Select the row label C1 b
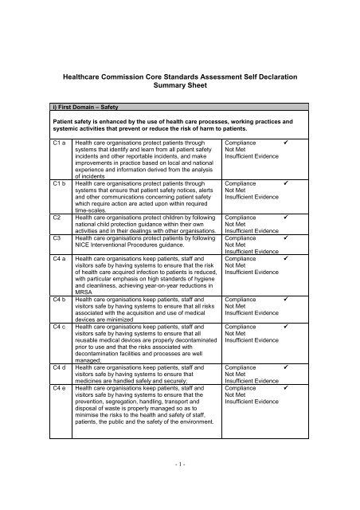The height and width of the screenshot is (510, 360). pos(57,182)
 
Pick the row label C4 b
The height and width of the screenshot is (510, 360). pos(57,299)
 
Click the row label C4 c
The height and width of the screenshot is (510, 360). pos(57,327)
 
